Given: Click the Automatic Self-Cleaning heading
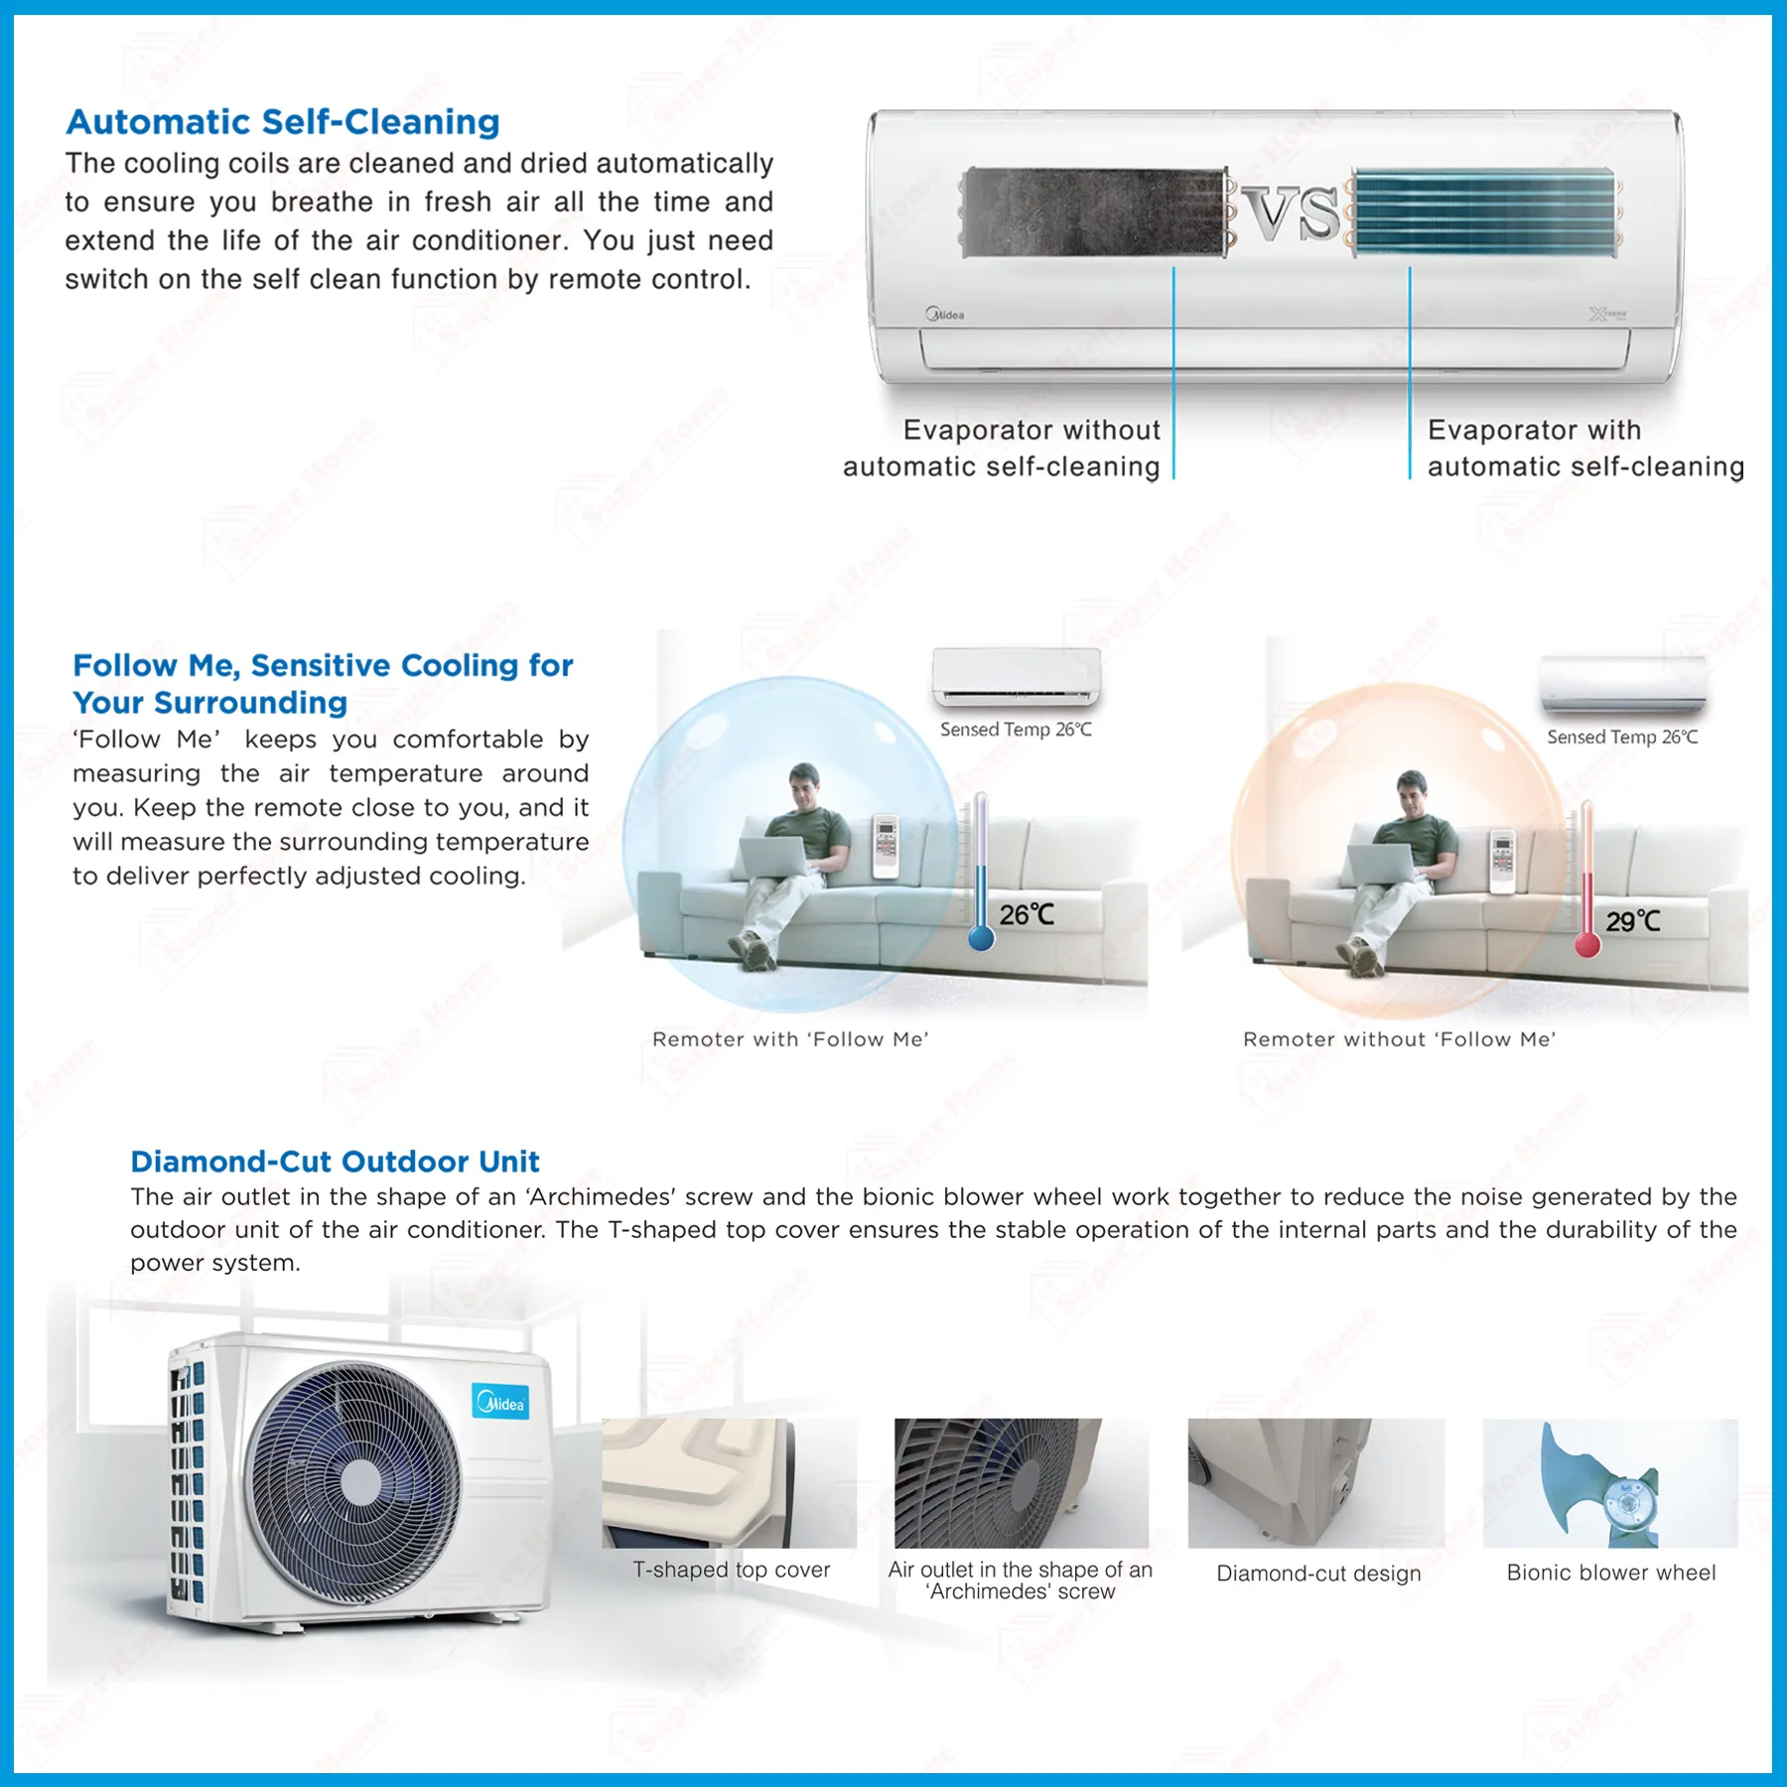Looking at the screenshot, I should [283, 122].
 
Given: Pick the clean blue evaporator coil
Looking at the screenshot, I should [1484, 212].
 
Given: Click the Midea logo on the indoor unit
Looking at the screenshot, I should [945, 315].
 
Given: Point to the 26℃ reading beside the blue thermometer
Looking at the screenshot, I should [1027, 914].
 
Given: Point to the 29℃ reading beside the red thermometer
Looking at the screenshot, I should [1632, 921].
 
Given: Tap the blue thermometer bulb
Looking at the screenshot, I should [981, 937].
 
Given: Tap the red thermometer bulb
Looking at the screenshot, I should [1587, 944].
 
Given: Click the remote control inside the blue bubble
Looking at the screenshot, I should [886, 845].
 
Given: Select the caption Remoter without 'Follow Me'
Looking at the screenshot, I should [1399, 1039].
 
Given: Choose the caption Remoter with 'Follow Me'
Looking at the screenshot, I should [790, 1039].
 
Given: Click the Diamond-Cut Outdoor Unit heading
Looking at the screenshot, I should [335, 1162].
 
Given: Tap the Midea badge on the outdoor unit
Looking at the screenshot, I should [501, 1403].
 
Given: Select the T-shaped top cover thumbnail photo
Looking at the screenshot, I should [729, 1482].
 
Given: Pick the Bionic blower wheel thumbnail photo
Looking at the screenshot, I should [1609, 1482].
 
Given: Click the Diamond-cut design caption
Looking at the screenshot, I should [1318, 1574].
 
